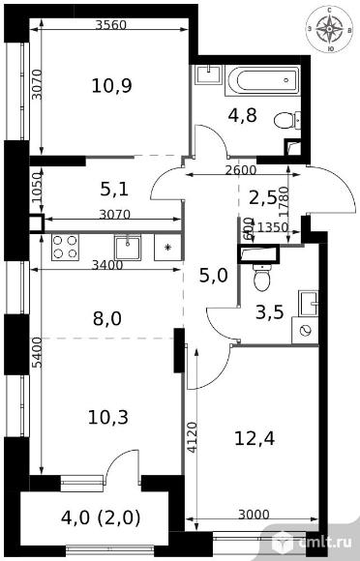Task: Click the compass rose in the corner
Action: tap(329, 29)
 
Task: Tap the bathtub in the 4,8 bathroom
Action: tap(262, 80)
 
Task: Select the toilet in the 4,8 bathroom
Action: tap(287, 120)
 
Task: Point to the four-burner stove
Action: tap(65, 247)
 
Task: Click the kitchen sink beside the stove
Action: tap(128, 248)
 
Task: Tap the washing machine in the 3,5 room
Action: tap(305, 330)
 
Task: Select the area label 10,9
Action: tap(111, 86)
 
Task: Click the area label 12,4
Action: tap(255, 438)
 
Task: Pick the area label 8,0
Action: tap(107, 318)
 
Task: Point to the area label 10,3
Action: tap(108, 417)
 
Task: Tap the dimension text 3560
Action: tap(111, 25)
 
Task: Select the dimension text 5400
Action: tap(37, 352)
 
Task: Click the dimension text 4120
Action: tap(193, 437)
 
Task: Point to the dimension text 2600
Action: tap(241, 170)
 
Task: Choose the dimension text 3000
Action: tap(254, 515)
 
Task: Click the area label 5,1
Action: tap(114, 189)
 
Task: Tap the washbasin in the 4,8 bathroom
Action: tap(209, 74)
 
